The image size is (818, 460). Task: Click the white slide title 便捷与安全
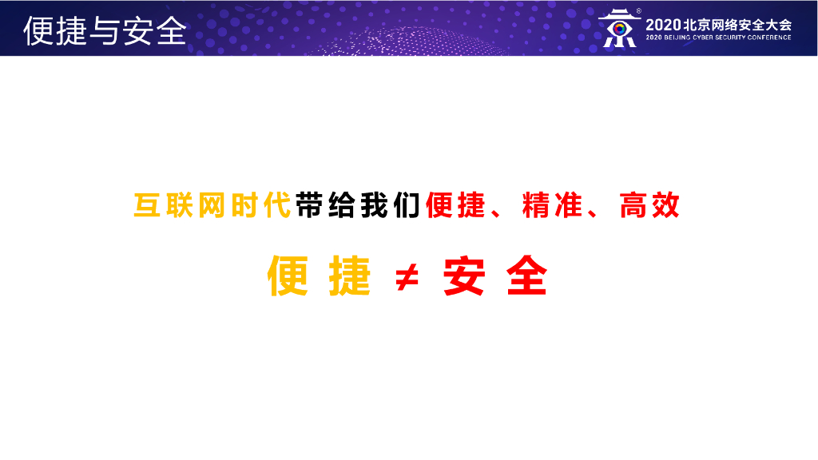pyautogui.click(x=105, y=31)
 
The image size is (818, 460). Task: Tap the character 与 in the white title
pyautogui.click(x=105, y=31)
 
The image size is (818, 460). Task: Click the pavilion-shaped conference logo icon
pyautogui.click(x=619, y=29)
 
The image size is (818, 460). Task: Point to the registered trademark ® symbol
pyautogui.click(x=638, y=11)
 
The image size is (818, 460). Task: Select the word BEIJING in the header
pyautogui.click(x=677, y=38)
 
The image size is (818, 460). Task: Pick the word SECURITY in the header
pyautogui.click(x=732, y=38)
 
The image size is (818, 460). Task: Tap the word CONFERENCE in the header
pyautogui.click(x=769, y=38)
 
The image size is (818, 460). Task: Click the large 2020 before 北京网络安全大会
pyautogui.click(x=663, y=25)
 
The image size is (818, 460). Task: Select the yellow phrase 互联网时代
pyautogui.click(x=212, y=205)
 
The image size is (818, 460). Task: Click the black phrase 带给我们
pyautogui.click(x=358, y=205)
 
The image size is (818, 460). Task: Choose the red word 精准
pyautogui.click(x=552, y=205)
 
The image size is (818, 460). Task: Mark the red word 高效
pyautogui.click(x=649, y=205)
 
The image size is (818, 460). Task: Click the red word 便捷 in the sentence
pyautogui.click(x=455, y=205)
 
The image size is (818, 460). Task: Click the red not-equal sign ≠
pyautogui.click(x=407, y=277)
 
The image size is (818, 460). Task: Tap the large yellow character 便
pyautogui.click(x=288, y=276)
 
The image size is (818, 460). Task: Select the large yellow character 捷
pyautogui.click(x=350, y=276)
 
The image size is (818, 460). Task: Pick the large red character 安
pyautogui.click(x=464, y=276)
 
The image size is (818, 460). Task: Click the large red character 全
pyautogui.click(x=527, y=276)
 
